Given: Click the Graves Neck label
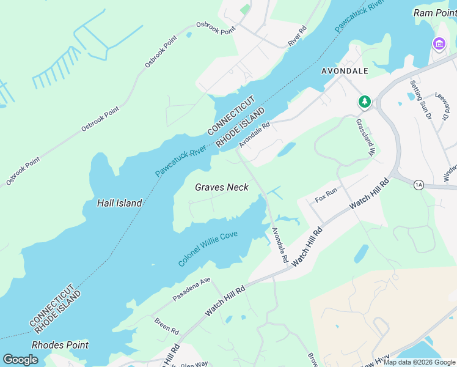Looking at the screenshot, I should click(x=221, y=187).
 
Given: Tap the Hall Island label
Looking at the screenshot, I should click(x=119, y=203).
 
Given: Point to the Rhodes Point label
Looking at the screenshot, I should click(x=60, y=345).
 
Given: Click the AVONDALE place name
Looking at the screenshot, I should click(x=345, y=71).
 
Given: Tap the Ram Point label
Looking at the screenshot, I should click(x=435, y=13).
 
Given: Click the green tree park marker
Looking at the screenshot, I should click(x=365, y=102).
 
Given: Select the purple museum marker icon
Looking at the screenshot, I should click(x=439, y=44).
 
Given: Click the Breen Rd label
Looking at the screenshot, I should click(x=166, y=327).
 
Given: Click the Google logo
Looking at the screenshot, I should click(x=20, y=360).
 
